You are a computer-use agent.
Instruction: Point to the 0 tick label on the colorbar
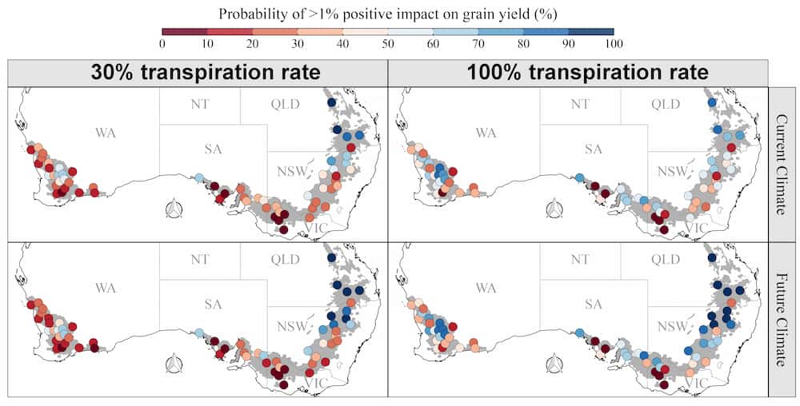(x=162, y=43)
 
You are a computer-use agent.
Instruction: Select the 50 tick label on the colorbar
(x=388, y=43)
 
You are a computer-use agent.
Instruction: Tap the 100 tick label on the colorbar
(x=613, y=43)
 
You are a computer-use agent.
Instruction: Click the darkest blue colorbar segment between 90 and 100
(x=590, y=31)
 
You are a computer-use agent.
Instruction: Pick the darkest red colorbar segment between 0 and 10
(x=185, y=31)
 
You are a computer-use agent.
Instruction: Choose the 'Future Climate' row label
(x=783, y=320)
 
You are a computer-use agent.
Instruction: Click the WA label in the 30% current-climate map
(x=105, y=133)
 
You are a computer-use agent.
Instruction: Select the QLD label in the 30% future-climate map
(x=284, y=260)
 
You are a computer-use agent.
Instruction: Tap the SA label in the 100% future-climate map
(x=593, y=304)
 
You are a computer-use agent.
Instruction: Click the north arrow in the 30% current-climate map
(x=174, y=210)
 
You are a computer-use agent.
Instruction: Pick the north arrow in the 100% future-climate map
(x=554, y=365)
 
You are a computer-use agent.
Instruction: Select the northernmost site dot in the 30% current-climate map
(x=331, y=103)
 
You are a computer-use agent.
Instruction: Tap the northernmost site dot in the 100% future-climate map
(x=712, y=258)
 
